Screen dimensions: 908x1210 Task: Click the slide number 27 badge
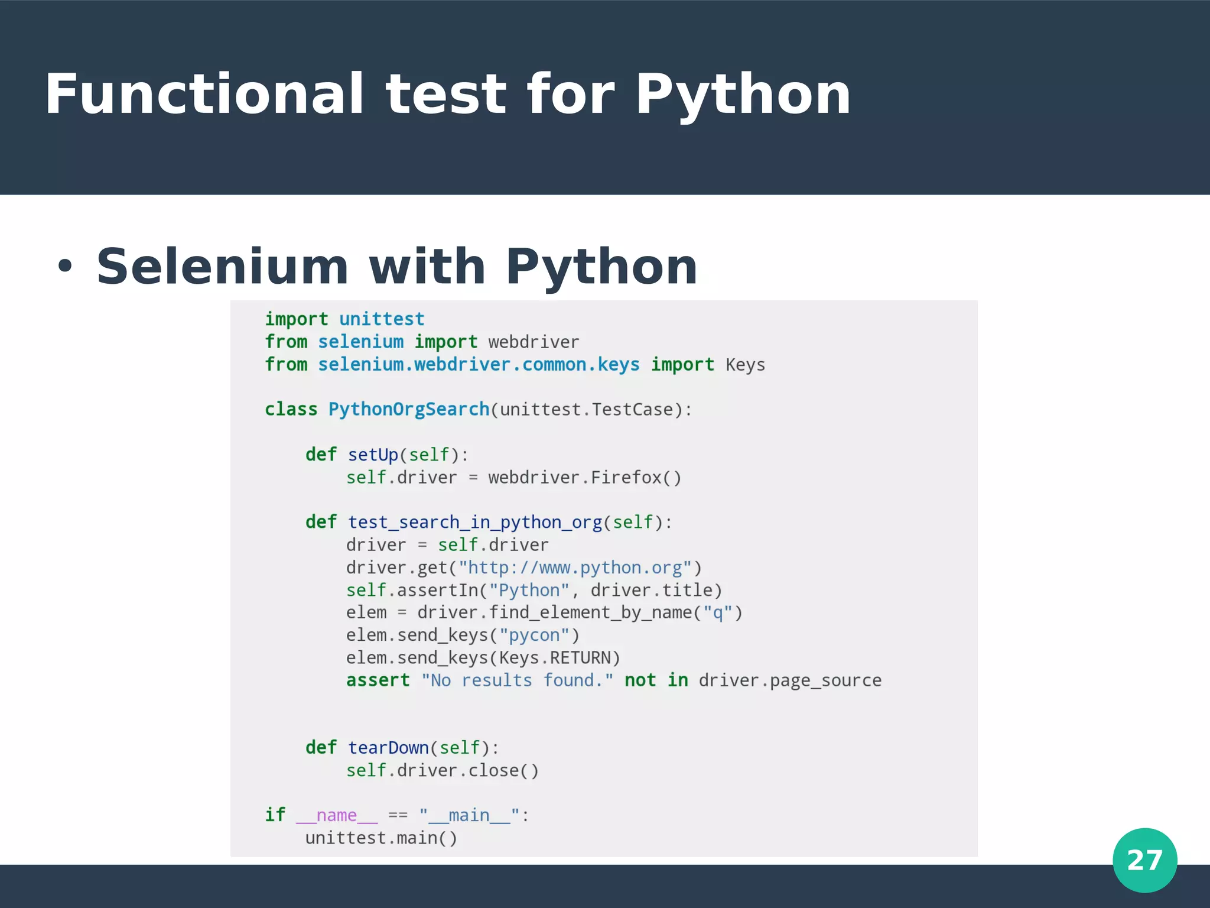[x=1144, y=860]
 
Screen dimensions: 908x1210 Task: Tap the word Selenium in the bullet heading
[x=222, y=267]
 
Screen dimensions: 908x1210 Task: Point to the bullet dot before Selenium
[x=64, y=267]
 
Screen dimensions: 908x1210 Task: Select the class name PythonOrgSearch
[x=408, y=409]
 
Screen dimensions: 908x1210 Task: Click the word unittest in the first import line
[x=382, y=319]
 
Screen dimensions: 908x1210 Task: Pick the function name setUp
[x=373, y=455]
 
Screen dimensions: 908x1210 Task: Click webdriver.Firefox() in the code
[x=584, y=477]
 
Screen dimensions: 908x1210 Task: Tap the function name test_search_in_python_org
[x=474, y=523]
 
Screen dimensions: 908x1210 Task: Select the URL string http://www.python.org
[x=575, y=567]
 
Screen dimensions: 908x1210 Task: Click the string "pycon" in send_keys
[x=534, y=635]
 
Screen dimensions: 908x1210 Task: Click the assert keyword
[x=378, y=680]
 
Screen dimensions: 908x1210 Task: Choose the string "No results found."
[x=517, y=680]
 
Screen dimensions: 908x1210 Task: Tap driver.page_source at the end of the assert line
[x=789, y=680]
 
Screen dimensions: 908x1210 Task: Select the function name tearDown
[x=388, y=748]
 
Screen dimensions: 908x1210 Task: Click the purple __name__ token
[x=336, y=816]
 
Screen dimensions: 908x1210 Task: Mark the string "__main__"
[x=469, y=816]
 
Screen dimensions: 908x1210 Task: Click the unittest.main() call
[x=381, y=838]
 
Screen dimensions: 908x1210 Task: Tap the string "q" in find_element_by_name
[x=718, y=612]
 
